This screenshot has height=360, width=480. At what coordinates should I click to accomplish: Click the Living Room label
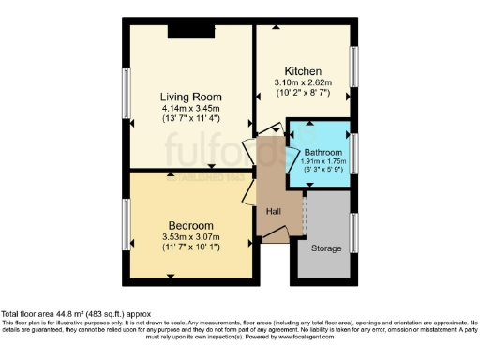190,97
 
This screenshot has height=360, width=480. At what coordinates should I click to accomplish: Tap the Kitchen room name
304,71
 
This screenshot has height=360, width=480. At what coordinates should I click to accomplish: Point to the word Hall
274,211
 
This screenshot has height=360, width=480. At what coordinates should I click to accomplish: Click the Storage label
326,248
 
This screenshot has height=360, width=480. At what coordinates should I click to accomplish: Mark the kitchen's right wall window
354,67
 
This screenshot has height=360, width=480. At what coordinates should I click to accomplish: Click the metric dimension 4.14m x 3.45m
190,108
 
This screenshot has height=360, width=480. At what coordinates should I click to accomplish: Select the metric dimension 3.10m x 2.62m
304,82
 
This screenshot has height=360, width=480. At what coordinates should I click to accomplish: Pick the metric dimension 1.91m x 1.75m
324,160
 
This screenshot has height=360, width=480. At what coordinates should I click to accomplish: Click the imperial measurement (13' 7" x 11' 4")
190,119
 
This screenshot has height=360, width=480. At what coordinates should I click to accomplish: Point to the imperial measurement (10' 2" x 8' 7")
304,94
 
